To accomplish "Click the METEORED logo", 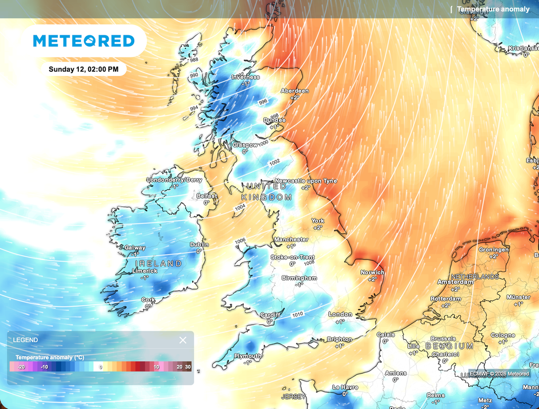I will [x=84, y=41].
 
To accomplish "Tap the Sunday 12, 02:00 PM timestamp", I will [x=84, y=69].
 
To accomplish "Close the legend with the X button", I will [x=183, y=340].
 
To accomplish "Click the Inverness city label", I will [x=246, y=77].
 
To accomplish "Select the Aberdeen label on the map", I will [x=295, y=91].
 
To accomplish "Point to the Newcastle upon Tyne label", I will [x=306, y=181].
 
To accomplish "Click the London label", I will [x=340, y=314].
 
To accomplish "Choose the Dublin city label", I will [x=199, y=245].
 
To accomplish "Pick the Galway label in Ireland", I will [x=135, y=248].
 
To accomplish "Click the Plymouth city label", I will [x=248, y=356].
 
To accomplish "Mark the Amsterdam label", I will [x=455, y=282].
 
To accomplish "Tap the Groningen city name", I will [x=494, y=249].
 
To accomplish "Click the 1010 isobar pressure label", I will [x=297, y=314].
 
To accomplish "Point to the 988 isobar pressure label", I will [x=194, y=60].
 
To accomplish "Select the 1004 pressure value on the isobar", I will [x=240, y=208].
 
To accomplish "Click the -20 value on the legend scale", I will [x=22, y=367].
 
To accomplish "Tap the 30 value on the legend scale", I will [x=188, y=367].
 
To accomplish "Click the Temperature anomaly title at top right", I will [x=493, y=9].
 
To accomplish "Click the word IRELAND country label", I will [x=158, y=264].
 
